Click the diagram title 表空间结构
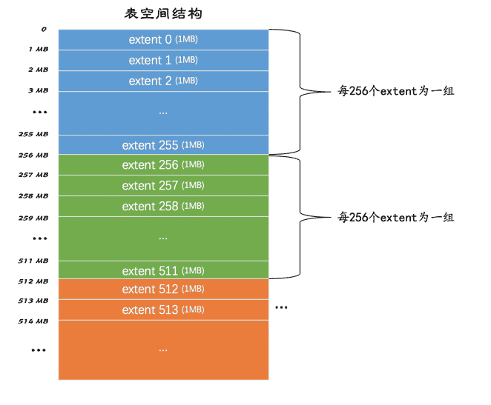[163, 13]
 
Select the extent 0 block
[163, 40]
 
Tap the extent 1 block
[163, 60]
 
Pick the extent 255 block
[163, 145]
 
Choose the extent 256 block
[163, 164]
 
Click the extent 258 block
[163, 207]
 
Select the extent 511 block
[163, 270]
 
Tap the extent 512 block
[163, 289]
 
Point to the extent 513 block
[163, 309]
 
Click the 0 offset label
[44, 29]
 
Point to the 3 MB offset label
[39, 90]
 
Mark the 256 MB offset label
[33, 155]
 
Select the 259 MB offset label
[33, 218]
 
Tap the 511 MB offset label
[33, 261]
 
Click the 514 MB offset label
[33, 321]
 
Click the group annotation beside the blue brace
[396, 91]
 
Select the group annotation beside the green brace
[396, 217]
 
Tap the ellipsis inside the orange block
[163, 350]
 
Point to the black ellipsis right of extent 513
[281, 307]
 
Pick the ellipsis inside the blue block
[163, 113]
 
